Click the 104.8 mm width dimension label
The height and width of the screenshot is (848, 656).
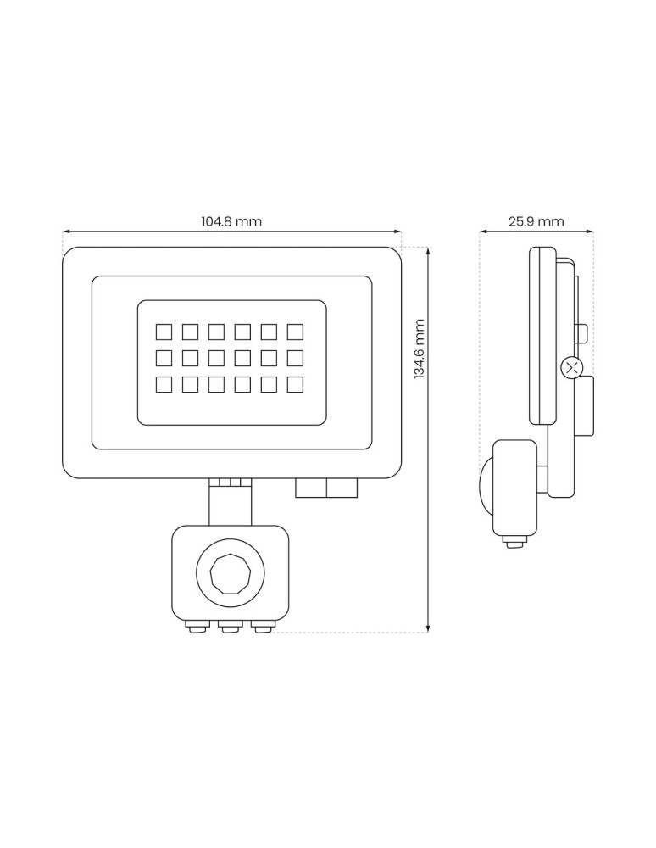pos(231,221)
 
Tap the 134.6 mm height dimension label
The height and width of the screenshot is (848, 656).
pos(419,349)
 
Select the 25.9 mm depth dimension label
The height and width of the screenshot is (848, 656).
pos(536,221)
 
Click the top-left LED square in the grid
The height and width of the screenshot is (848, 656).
pos(164,331)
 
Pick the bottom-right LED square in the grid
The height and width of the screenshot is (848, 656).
pos(296,384)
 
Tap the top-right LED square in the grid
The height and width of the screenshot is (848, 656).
pos(296,331)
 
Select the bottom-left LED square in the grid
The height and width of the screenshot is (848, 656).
pos(164,384)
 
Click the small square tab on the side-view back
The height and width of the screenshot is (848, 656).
pos(581,332)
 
